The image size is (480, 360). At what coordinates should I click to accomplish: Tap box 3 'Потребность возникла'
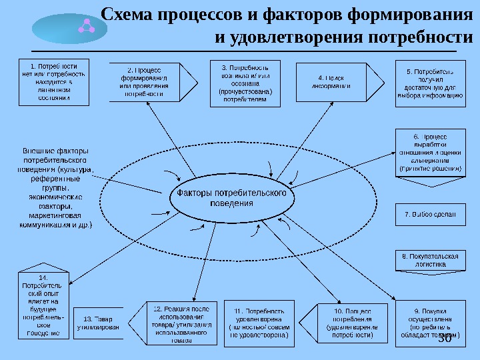244,82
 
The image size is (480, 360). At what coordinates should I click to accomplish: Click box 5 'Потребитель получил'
430,82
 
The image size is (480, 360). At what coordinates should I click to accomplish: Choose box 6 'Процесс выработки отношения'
430,153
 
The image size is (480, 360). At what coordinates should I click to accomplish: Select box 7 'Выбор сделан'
430,215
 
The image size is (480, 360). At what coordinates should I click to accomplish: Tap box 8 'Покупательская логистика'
430,260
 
